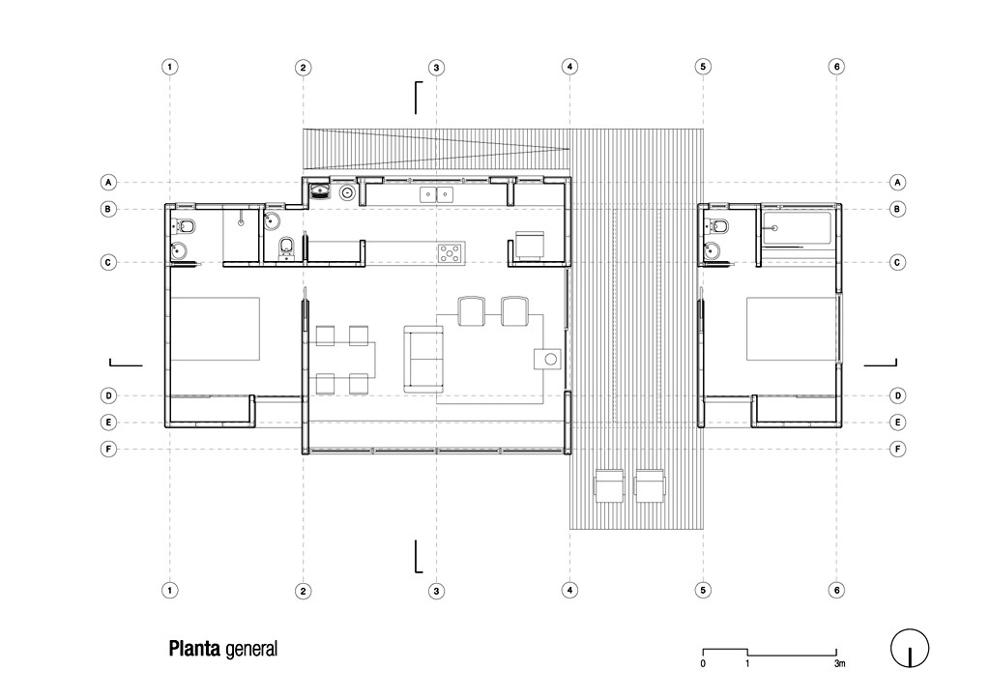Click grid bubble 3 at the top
(x=436, y=68)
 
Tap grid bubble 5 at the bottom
(x=704, y=590)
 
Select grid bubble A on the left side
(x=108, y=183)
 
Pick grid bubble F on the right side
(x=898, y=449)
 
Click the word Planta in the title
(x=194, y=648)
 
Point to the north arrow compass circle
(x=910, y=648)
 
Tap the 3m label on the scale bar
(x=839, y=663)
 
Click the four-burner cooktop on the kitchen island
(x=451, y=253)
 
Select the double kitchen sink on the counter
(x=436, y=194)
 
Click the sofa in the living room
(x=423, y=359)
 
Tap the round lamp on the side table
(x=550, y=359)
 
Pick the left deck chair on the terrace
(x=609, y=485)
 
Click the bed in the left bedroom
(x=215, y=329)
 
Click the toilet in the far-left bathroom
(x=185, y=225)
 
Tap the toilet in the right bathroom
(x=718, y=225)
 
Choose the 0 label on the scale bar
(x=703, y=663)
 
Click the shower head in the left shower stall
(x=241, y=222)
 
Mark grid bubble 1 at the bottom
(x=170, y=590)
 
